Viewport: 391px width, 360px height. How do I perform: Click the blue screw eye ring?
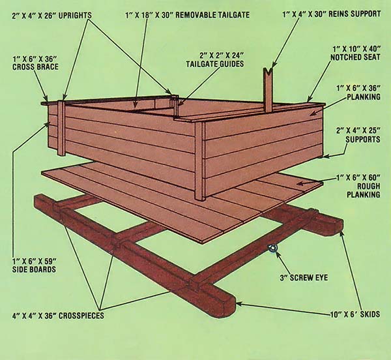click(x=272, y=248)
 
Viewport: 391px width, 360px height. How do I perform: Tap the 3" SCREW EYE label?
click(x=304, y=277)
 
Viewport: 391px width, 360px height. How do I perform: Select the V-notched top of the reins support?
click(x=268, y=70)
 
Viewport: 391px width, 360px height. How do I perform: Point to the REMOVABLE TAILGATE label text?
click(x=212, y=15)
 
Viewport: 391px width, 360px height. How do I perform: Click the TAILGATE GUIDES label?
click(x=214, y=64)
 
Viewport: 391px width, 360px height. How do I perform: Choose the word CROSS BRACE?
click(x=35, y=67)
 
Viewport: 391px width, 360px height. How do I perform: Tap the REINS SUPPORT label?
click(x=355, y=14)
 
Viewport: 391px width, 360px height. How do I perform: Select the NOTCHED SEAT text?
click(x=355, y=57)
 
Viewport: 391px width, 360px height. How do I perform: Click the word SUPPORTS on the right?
click(x=362, y=139)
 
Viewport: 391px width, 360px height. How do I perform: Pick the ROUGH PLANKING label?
click(x=364, y=190)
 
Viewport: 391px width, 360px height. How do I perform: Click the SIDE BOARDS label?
click(x=34, y=269)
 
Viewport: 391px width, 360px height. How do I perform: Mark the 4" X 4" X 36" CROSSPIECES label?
click(x=58, y=316)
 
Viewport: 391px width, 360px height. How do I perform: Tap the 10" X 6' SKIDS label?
click(x=355, y=314)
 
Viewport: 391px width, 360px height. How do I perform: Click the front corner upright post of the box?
click(x=200, y=160)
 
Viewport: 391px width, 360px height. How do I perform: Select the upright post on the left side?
click(x=61, y=128)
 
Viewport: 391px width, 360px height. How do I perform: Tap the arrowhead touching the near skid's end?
click(x=239, y=304)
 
